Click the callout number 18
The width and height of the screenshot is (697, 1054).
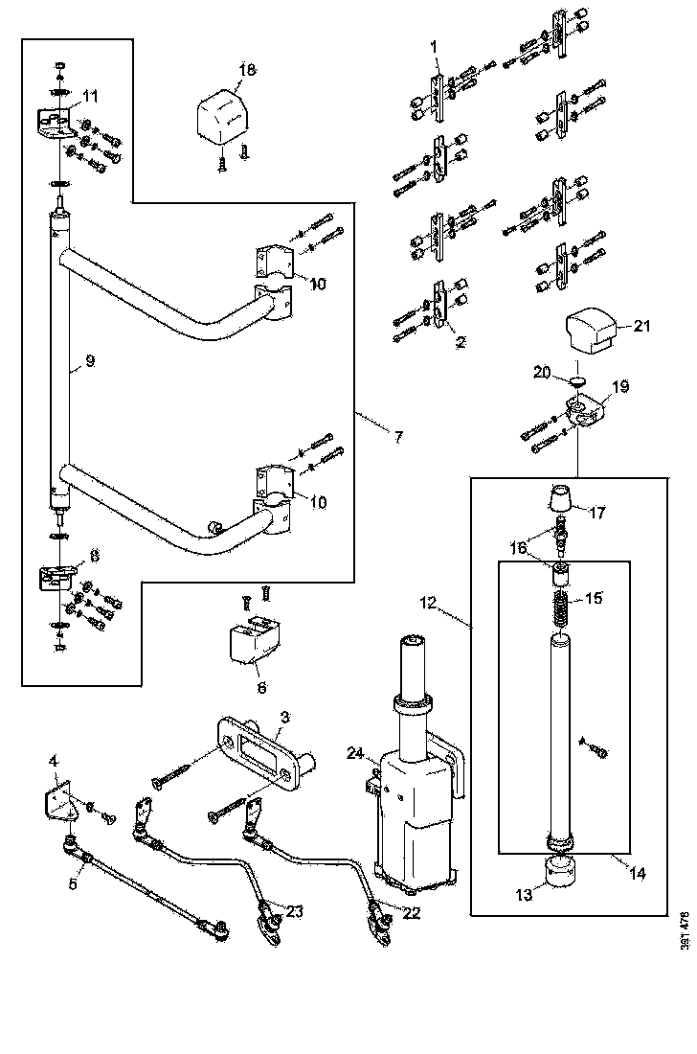pos(247,70)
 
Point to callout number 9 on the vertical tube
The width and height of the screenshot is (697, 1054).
pos(89,362)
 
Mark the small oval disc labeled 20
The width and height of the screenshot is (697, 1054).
pos(575,381)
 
